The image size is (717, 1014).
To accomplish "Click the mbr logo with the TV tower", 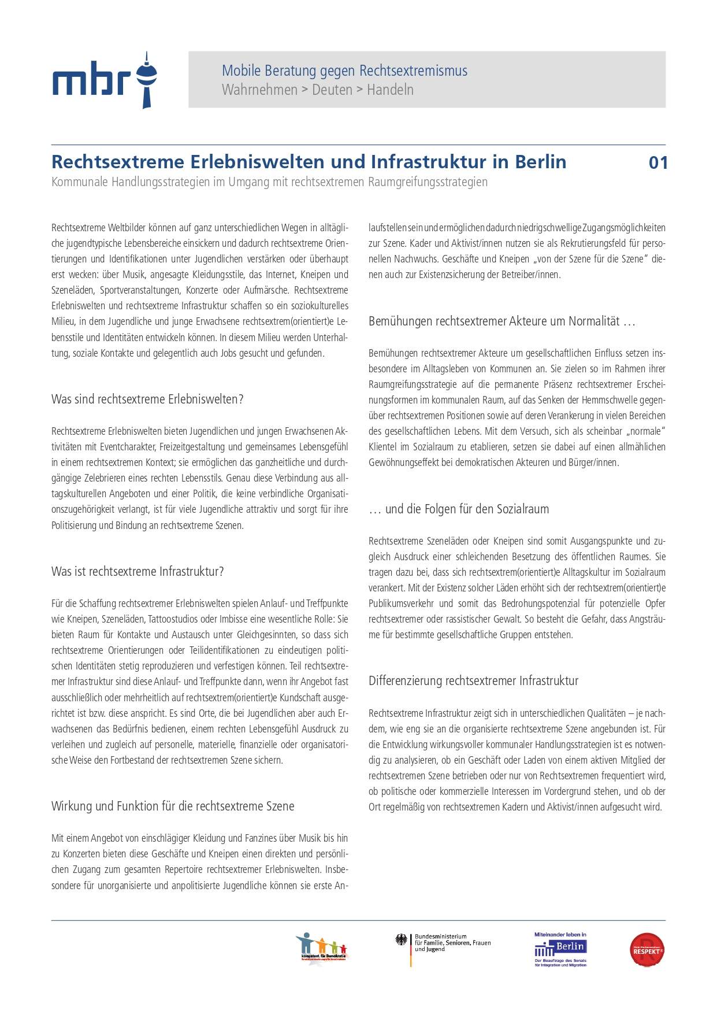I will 105,80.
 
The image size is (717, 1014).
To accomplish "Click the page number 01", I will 658,162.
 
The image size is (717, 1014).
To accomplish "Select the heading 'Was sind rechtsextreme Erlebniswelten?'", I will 147,399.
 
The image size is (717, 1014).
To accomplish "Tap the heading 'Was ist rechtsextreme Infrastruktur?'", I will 138,572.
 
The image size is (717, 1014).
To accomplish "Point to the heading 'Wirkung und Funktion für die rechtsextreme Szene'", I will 173,806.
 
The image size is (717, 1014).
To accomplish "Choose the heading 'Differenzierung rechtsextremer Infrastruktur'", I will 473,681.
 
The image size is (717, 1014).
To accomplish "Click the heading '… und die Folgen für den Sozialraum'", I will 459,509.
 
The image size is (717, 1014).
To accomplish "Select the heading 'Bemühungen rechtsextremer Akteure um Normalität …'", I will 501,321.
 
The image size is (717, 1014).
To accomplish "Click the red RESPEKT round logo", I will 647,950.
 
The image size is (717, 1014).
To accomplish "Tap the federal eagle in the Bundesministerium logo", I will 402,940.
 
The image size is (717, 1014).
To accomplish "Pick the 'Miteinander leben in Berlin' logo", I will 560,949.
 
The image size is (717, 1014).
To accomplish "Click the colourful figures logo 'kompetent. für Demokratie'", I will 322,948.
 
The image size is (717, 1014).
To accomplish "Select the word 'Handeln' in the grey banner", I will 390,90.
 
